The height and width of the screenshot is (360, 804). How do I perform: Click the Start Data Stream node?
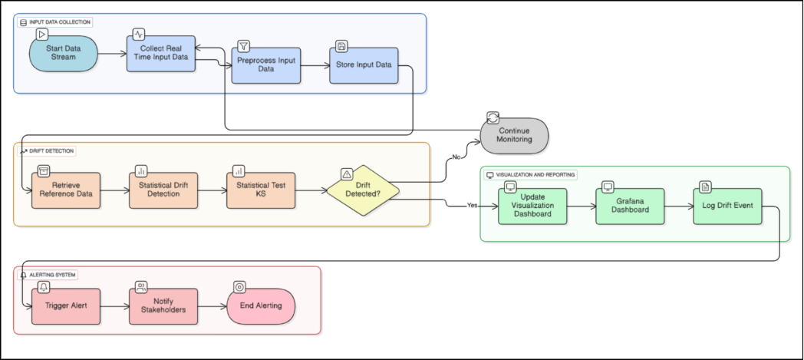click(x=64, y=53)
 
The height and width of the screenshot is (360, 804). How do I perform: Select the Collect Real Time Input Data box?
click(x=160, y=53)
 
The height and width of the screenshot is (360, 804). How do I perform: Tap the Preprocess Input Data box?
click(x=265, y=65)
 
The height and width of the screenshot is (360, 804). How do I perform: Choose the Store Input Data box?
click(x=363, y=64)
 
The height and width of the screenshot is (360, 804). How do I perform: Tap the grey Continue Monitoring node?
click(x=514, y=135)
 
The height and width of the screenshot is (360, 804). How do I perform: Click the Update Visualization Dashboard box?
click(x=532, y=206)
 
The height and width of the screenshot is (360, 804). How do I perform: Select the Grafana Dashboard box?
click(x=629, y=206)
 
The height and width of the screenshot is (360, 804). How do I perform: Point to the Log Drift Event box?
click(x=727, y=206)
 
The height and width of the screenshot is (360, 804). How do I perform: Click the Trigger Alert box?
click(x=65, y=306)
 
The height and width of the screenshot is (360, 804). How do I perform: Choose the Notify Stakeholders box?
click(x=163, y=306)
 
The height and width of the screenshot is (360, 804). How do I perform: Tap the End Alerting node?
click(x=261, y=306)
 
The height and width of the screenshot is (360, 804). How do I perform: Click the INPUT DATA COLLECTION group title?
click(x=59, y=22)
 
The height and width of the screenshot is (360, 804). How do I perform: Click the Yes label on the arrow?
click(x=472, y=206)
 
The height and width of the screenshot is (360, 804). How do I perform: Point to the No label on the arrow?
click(x=456, y=157)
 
